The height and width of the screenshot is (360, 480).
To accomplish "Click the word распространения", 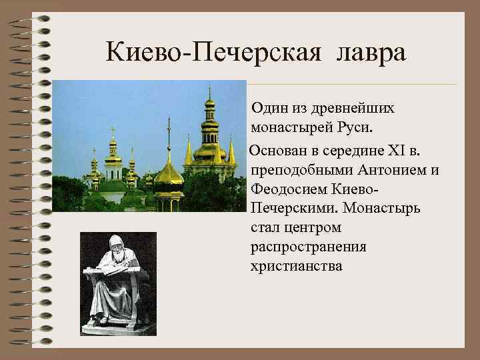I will point(309,247).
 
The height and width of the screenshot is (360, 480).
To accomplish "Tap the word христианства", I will point(297,266).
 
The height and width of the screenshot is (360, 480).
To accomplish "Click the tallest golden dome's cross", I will point(209,90).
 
